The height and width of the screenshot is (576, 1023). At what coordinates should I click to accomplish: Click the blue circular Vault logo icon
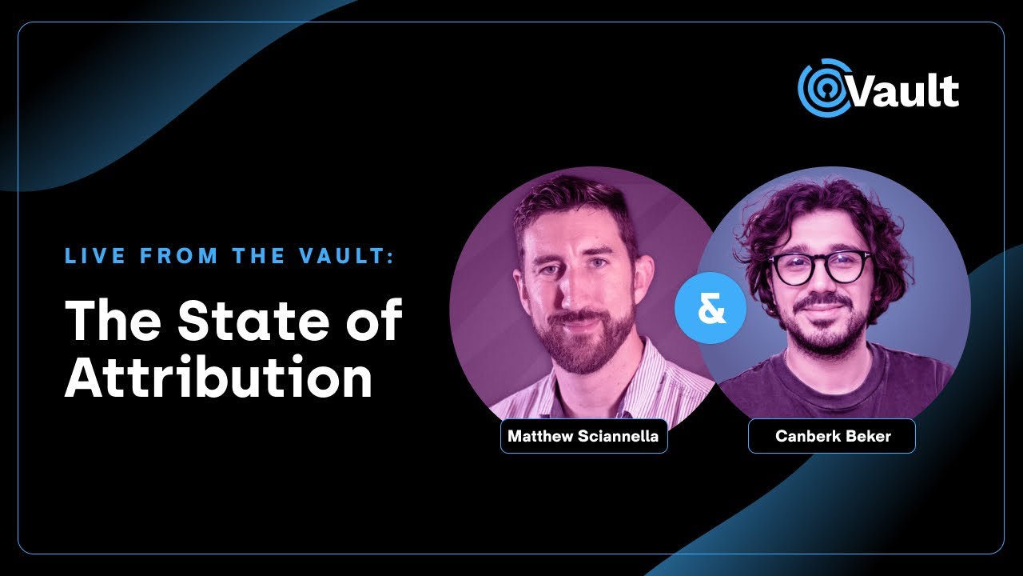tap(822, 87)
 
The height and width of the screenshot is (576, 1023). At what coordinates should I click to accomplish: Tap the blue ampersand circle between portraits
tap(710, 310)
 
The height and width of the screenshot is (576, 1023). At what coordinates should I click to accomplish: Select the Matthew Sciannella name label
tap(583, 437)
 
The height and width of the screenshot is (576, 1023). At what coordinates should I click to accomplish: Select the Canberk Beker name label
tap(831, 437)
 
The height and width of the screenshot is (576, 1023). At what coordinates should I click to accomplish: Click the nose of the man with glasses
tap(822, 288)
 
